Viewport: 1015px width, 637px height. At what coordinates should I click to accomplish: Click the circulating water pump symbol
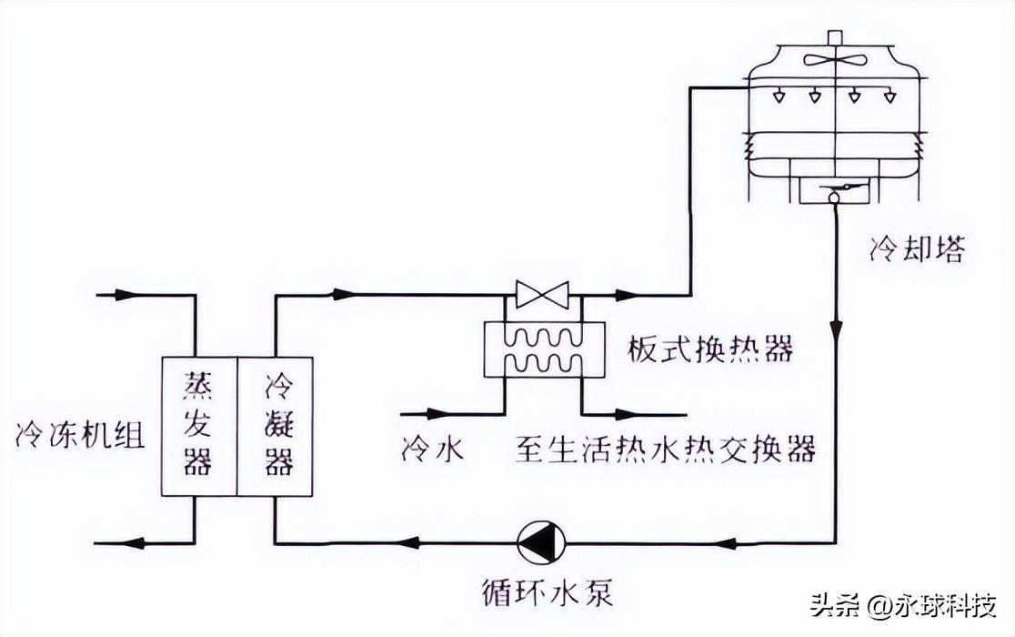click(x=541, y=543)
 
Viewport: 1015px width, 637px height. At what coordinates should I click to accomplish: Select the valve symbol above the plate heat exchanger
click(x=541, y=294)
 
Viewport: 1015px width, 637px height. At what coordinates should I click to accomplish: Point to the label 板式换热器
click(x=709, y=349)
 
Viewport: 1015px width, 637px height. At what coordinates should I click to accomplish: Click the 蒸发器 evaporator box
click(x=197, y=426)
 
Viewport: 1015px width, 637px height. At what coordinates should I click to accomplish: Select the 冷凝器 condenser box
click(x=276, y=426)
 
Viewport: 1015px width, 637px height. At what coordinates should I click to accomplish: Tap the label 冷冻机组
click(x=80, y=436)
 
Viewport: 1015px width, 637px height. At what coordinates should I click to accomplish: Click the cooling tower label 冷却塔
click(x=916, y=250)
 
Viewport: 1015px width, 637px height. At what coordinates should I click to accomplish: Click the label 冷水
click(x=433, y=449)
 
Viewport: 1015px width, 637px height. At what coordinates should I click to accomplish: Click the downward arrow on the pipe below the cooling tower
click(x=835, y=325)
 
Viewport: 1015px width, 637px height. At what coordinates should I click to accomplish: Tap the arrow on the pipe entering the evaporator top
click(x=123, y=295)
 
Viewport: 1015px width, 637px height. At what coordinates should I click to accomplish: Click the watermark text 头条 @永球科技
click(x=903, y=605)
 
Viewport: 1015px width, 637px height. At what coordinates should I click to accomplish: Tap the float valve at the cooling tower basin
click(x=834, y=191)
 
